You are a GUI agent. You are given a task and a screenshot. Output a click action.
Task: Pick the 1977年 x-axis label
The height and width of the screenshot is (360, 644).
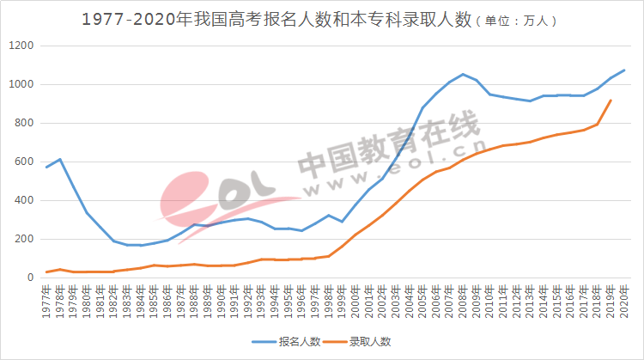46,300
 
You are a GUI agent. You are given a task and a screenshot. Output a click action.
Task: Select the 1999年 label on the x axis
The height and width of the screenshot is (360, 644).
342,300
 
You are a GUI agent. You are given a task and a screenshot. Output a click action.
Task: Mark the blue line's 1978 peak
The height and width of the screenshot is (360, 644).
60,159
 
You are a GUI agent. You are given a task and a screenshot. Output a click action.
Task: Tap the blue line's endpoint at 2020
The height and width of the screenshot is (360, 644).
624,70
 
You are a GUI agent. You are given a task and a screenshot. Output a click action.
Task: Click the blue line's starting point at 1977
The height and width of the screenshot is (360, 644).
46,167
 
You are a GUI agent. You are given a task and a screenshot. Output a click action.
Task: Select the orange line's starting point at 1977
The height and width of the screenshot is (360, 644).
46,272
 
